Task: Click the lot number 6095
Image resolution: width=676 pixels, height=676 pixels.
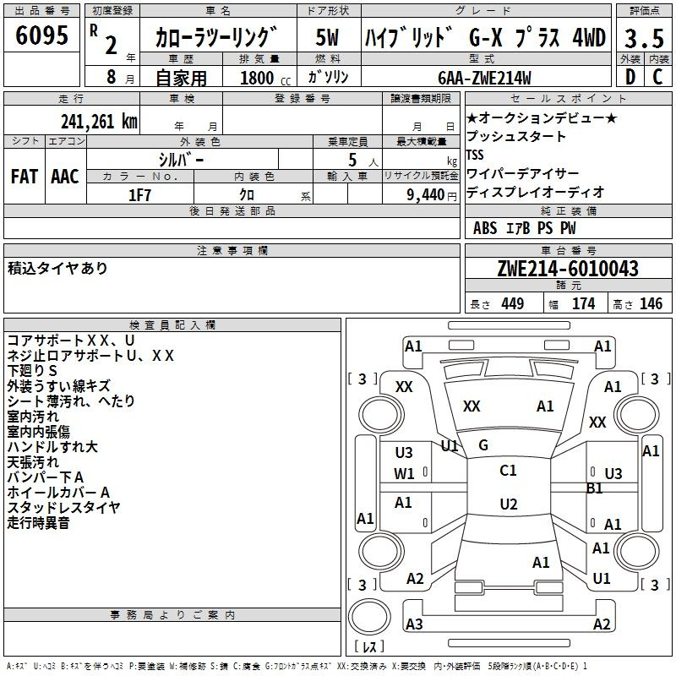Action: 41,35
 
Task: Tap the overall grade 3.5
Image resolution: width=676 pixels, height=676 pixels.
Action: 644,38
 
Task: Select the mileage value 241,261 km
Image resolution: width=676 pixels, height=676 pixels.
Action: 99,122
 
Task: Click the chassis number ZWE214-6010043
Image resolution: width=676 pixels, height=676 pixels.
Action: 568,269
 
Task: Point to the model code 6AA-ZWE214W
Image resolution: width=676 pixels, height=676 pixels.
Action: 484,78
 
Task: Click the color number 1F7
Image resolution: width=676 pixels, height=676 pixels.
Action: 139,195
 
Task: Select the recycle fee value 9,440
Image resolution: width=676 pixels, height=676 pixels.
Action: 426,195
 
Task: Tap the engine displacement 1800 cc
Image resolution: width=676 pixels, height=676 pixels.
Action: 265,78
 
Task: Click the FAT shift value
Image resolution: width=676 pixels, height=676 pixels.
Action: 25,177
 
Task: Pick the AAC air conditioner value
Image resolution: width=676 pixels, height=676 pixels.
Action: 65,177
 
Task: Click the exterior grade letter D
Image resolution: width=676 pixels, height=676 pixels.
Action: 630,77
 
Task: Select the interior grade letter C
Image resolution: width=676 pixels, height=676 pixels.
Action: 657,77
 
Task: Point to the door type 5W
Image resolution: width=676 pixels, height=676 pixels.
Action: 328,37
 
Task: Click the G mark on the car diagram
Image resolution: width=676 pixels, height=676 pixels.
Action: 483,445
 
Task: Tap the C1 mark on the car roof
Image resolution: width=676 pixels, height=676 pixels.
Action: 508,470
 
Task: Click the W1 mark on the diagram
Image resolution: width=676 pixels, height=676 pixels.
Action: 404,474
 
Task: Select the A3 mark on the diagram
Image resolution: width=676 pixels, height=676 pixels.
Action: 414,624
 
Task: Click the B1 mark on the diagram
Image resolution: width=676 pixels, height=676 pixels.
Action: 595,488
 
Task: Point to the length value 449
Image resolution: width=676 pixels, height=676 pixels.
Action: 513,303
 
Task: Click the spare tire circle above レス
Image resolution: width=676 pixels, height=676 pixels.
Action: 369,617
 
